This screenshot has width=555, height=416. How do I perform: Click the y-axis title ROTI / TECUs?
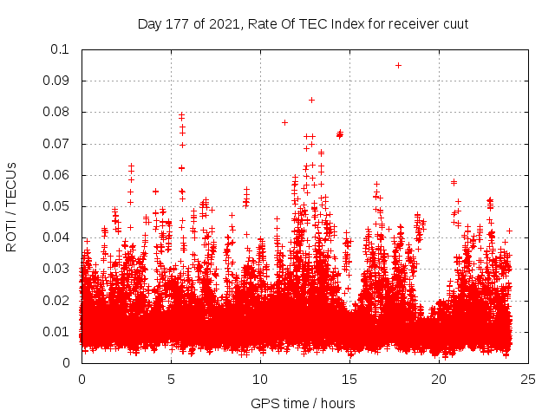(x=11, y=206)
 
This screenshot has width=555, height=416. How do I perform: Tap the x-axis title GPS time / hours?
(x=303, y=403)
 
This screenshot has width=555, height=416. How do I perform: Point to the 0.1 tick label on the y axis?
(x=61, y=49)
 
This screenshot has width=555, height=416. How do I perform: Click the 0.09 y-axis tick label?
(x=57, y=81)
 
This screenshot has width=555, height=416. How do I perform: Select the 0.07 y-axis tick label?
(x=57, y=144)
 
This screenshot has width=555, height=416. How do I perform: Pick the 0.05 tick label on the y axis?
(x=57, y=206)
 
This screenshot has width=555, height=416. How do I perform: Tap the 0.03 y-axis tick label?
(x=57, y=269)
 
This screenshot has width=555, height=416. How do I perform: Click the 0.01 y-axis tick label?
(x=57, y=332)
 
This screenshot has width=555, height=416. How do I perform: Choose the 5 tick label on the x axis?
(x=171, y=380)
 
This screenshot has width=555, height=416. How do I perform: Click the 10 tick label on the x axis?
(x=260, y=380)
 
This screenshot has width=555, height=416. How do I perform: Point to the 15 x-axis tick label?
(x=349, y=380)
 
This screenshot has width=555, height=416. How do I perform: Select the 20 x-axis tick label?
(x=439, y=380)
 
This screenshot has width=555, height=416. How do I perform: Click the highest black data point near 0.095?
(x=398, y=65)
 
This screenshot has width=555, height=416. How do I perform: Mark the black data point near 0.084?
(x=311, y=100)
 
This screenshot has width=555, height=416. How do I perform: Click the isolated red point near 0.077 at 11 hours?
(x=284, y=122)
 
